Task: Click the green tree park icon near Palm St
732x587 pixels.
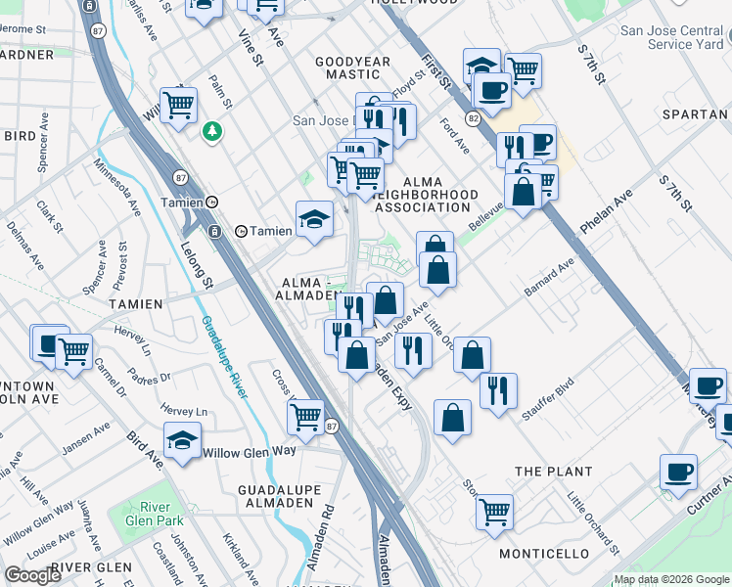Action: pos(211,131)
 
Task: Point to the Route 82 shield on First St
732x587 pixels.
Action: pos(472,117)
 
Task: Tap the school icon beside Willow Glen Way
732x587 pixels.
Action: pos(182,440)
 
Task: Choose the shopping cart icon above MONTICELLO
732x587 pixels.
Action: pos(495,512)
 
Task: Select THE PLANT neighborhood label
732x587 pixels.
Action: pos(554,472)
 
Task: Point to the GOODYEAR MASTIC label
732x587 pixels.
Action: pos(346,68)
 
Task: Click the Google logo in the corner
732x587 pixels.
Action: pos(32,575)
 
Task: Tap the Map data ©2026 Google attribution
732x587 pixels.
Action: pos(670,579)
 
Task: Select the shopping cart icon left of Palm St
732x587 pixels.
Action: pos(178,104)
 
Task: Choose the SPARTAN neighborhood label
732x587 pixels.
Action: pos(695,114)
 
